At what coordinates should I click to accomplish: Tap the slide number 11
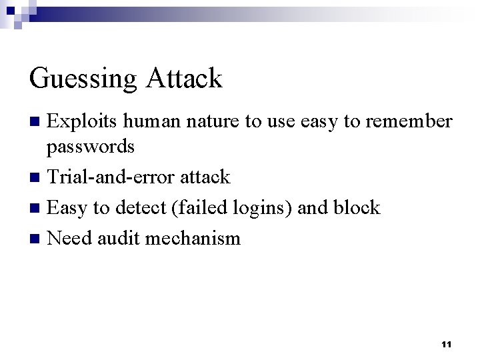(x=447, y=345)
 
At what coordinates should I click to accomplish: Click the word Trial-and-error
(x=111, y=177)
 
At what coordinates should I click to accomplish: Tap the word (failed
(x=196, y=207)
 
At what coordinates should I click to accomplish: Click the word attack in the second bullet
(x=205, y=177)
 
